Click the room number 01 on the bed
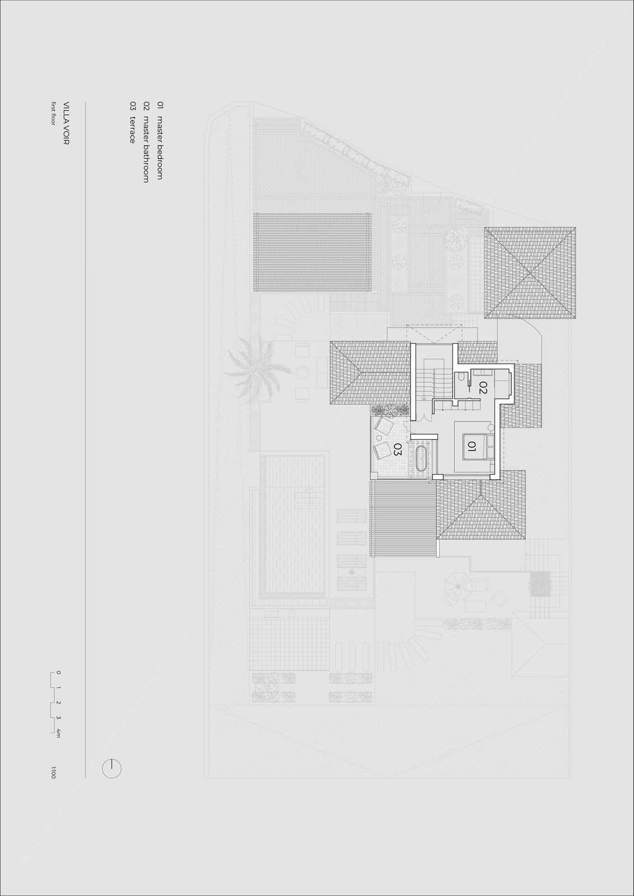tap(471, 445)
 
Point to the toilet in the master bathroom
tap(461, 376)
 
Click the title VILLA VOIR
tap(66, 123)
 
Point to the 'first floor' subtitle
tap(52, 114)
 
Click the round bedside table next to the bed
tap(491, 427)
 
